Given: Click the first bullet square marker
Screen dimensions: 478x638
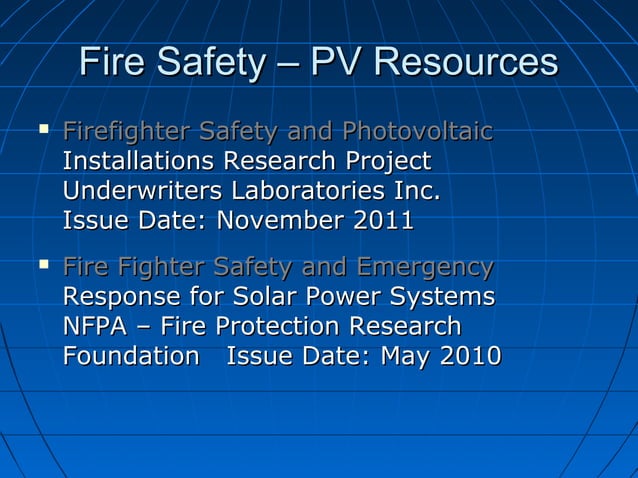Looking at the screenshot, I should pos(42,129).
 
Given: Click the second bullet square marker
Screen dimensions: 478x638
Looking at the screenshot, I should pos(42,265).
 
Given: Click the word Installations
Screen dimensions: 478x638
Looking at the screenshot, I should pos(139,161).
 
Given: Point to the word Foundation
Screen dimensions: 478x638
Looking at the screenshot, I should pos(131,357).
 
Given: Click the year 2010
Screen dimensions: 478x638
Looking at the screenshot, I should pos(470,357).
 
